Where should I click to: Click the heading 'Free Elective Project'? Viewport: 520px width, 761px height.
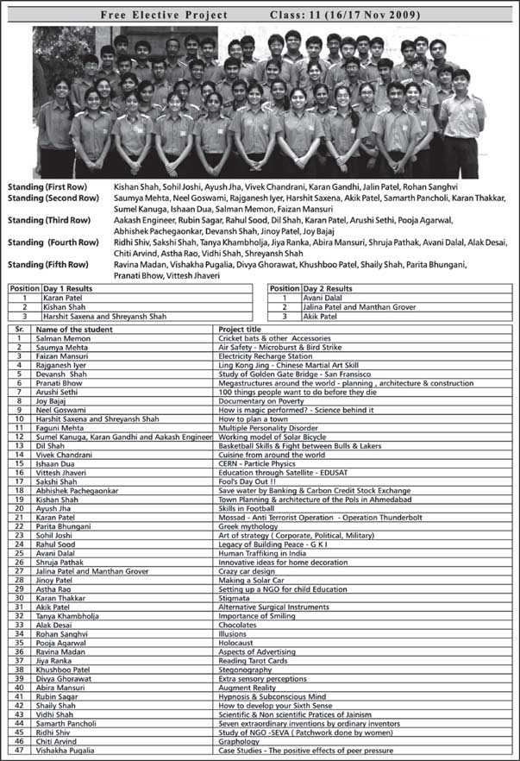click(164, 15)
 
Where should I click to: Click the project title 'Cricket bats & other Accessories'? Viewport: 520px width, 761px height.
click(274, 339)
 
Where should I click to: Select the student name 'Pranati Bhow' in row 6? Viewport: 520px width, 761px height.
click(60, 382)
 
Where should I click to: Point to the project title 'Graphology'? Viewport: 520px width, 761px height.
click(240, 741)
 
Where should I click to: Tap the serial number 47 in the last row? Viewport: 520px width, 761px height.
click(17, 751)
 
